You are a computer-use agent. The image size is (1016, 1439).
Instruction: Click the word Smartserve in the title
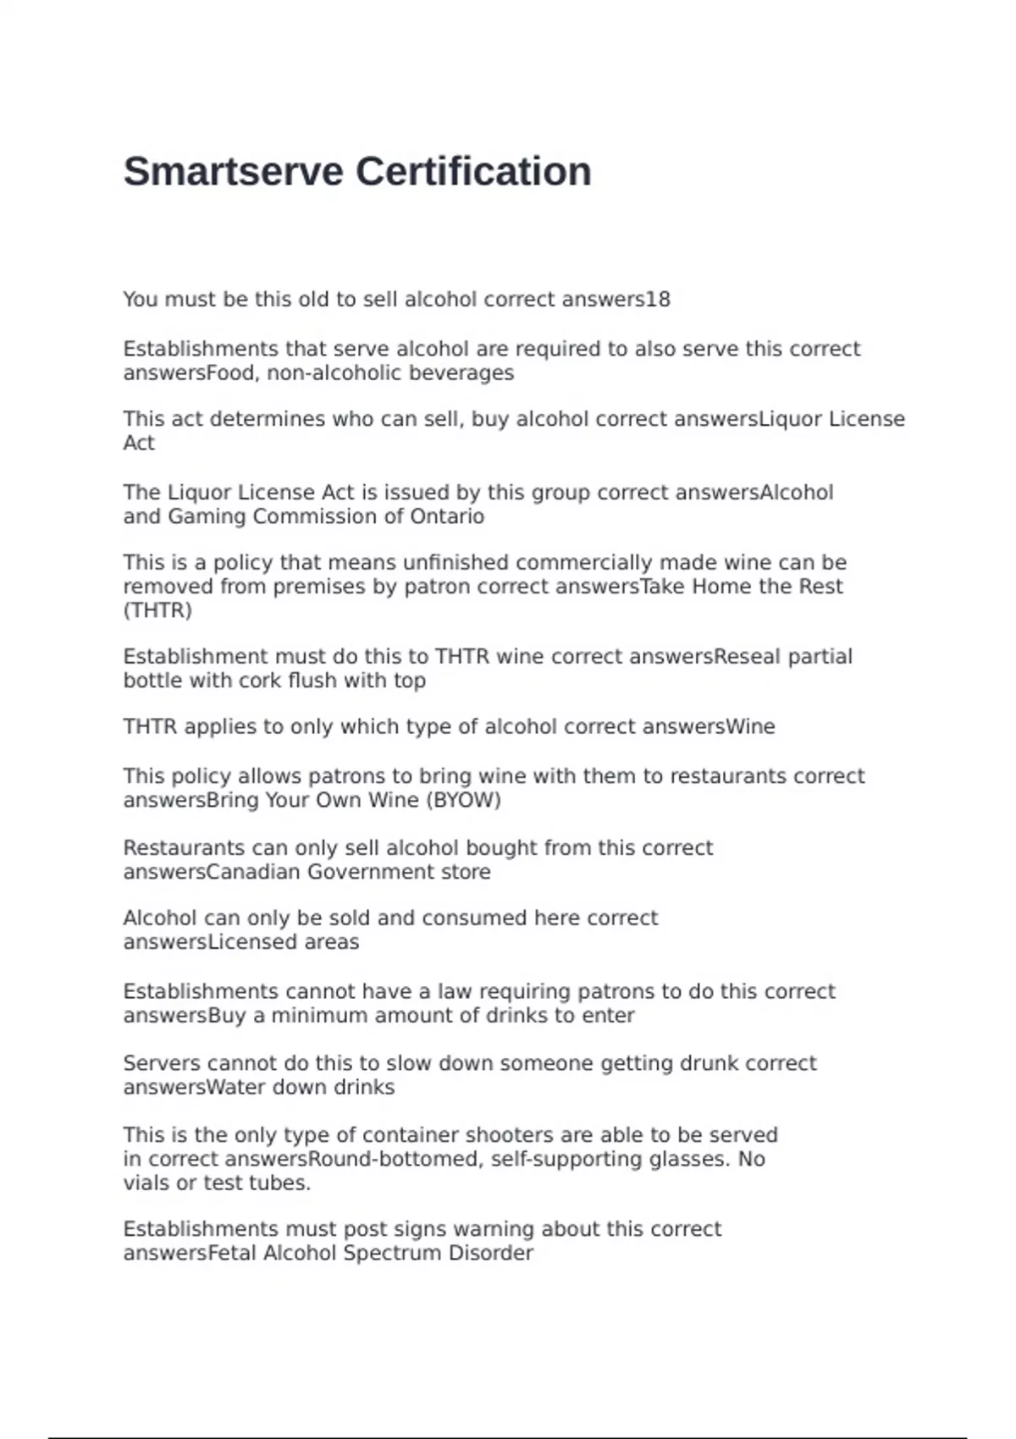(x=235, y=172)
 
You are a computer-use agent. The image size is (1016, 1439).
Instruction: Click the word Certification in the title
(x=473, y=172)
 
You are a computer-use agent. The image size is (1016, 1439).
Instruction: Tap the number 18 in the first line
(x=658, y=300)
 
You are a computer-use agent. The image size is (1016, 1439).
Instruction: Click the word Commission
(x=317, y=516)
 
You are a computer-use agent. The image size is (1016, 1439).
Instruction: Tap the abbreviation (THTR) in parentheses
(x=157, y=610)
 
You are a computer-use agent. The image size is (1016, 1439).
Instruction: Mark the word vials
(x=146, y=1183)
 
